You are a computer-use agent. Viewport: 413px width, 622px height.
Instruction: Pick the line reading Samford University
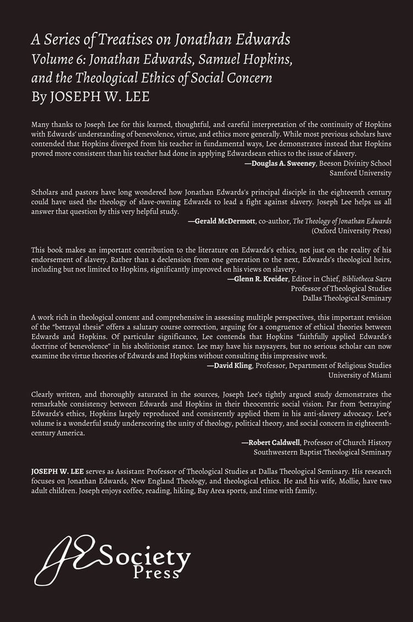click(x=360, y=172)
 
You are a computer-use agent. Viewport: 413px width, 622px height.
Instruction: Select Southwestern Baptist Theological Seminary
click(x=322, y=452)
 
